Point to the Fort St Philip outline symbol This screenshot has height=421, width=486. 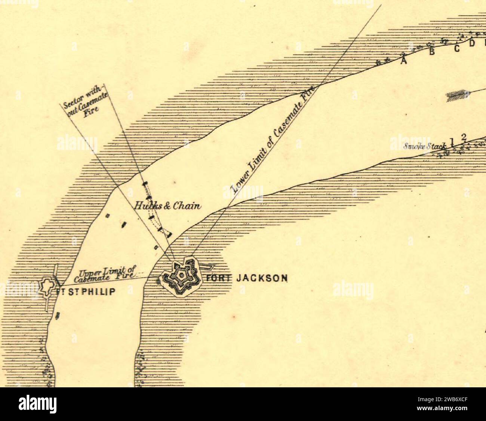click(x=47, y=286)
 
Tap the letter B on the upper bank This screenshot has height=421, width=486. click(x=432, y=52)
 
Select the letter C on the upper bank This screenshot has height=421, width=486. click(x=457, y=49)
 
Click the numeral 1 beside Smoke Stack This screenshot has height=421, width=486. click(x=452, y=142)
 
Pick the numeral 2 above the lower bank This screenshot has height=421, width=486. click(x=464, y=137)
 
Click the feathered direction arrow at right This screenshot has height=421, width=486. click(x=458, y=96)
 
